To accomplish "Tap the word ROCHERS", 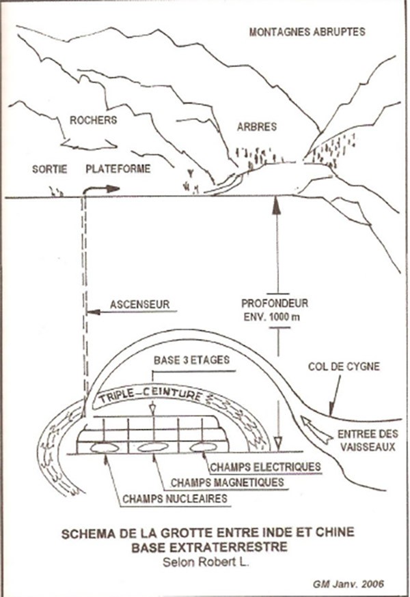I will (x=94, y=120).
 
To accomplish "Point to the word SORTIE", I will (x=50, y=169).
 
